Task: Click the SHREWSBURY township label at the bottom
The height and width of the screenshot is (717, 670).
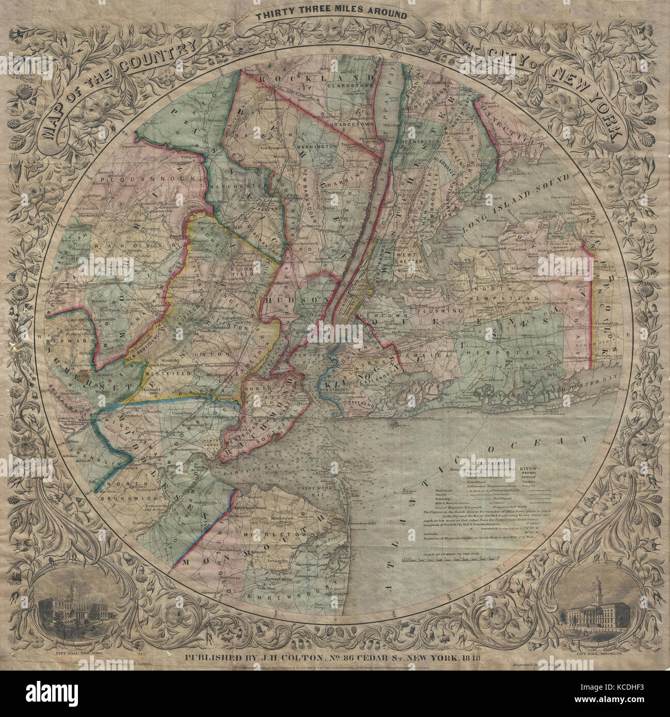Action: pyautogui.click(x=276, y=595)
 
